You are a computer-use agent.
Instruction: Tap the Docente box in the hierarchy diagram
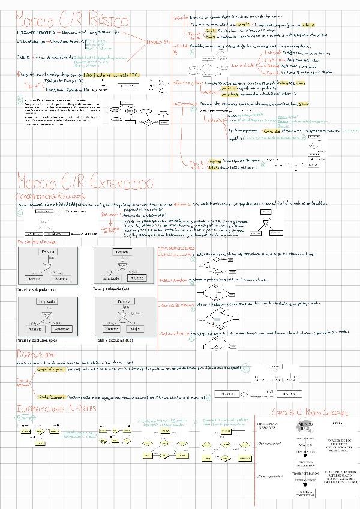tap(33, 279)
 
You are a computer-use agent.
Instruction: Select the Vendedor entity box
tap(61, 328)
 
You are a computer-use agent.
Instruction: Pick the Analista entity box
tap(34, 328)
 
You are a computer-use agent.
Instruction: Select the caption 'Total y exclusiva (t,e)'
tap(115, 340)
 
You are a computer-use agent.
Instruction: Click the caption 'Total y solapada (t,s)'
tap(115, 289)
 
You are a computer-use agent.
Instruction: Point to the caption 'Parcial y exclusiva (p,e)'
tap(37, 340)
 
